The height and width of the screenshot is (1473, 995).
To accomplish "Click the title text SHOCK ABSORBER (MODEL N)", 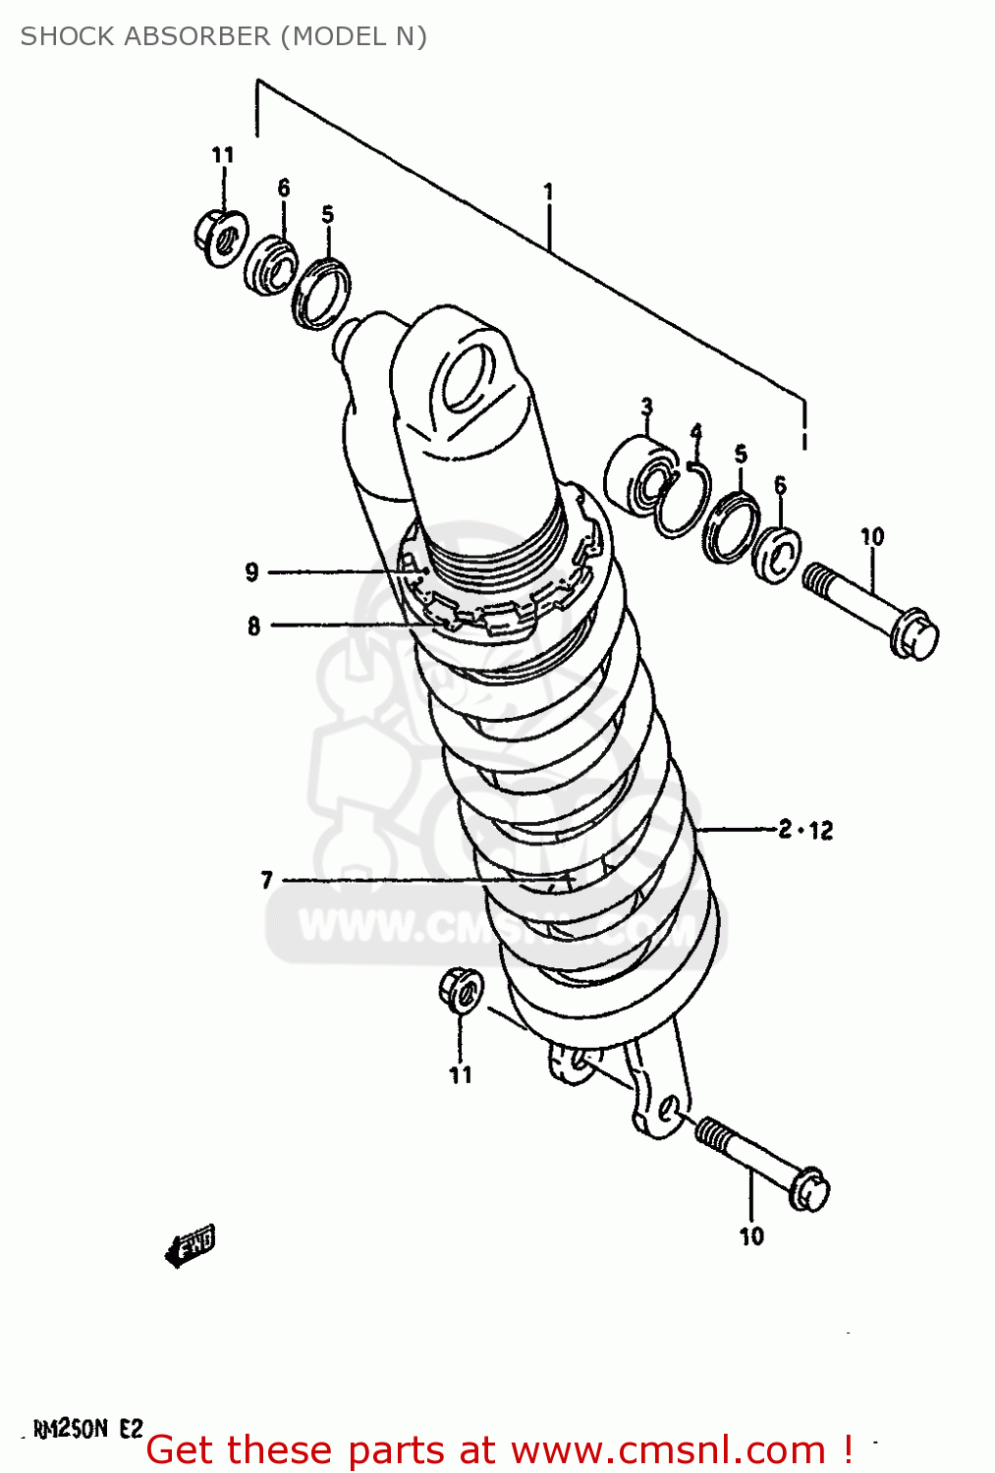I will click(x=223, y=36).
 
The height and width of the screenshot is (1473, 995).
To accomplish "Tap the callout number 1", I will click(x=548, y=191).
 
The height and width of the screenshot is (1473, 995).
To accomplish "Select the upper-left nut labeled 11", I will click(x=220, y=236).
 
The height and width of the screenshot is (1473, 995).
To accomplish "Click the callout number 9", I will click(x=252, y=572).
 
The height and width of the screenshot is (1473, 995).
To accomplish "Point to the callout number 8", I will click(x=253, y=626).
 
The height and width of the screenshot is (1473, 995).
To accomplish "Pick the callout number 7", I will click(x=266, y=880).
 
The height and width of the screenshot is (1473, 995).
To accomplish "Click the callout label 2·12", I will click(x=805, y=830).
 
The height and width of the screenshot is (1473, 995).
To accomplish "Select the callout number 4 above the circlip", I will click(x=695, y=432).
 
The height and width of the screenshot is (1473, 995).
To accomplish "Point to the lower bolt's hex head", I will click(x=808, y=1190).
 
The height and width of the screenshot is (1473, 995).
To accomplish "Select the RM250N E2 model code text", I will click(x=88, y=1429).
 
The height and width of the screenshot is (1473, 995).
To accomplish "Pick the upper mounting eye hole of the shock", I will click(x=466, y=379).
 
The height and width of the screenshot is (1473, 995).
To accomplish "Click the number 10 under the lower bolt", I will click(x=751, y=1236).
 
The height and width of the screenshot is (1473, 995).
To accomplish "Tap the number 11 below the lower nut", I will click(x=461, y=1075).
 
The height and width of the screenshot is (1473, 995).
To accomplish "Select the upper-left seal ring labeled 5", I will click(x=320, y=292).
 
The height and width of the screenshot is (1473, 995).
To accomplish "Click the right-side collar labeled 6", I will click(x=776, y=556).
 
